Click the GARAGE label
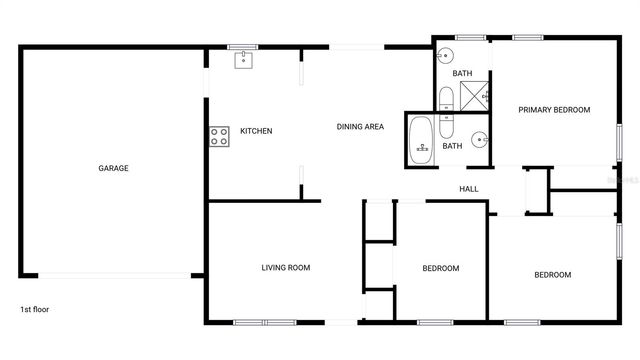point(113,168)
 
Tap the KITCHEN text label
point(256,131)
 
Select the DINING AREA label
point(360,126)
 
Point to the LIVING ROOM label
point(286,267)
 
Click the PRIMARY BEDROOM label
point(554,110)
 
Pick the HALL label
point(468,189)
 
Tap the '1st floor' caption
point(34,309)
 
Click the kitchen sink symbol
point(243,59)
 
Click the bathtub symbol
point(422,141)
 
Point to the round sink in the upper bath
point(448,56)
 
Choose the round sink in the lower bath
point(479,139)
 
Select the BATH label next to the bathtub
point(452,146)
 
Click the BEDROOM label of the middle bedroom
point(440,268)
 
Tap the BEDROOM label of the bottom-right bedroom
point(552,275)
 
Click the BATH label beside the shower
point(462,73)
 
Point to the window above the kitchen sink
point(243,46)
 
